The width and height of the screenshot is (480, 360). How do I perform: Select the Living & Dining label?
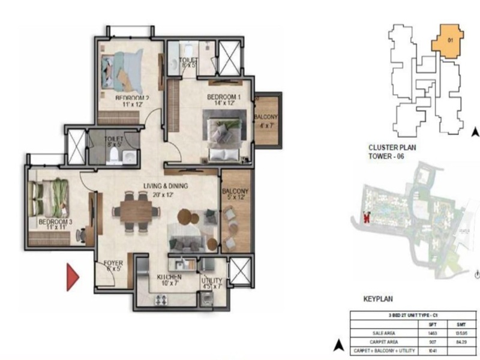[x=166, y=187]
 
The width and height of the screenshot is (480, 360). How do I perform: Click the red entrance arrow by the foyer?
[x=73, y=278]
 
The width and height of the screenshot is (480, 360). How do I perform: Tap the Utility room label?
[x=212, y=281]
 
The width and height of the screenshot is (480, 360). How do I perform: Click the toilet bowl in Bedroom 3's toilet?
[x=112, y=157]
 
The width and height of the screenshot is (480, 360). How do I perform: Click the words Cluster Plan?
[x=393, y=147]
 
